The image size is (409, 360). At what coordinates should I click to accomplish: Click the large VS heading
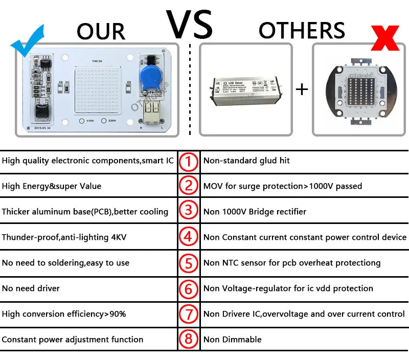[x=189, y=23]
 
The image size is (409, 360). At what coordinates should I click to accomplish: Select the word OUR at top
[x=101, y=32]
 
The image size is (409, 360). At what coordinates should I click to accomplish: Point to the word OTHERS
[x=302, y=31]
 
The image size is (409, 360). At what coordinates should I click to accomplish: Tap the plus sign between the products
[x=302, y=89]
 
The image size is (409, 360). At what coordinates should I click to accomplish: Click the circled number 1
[x=189, y=161]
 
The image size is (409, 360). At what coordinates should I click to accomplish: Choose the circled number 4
[x=189, y=237]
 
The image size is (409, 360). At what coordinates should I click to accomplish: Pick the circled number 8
[x=189, y=340]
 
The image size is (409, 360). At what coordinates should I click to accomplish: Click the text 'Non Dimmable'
[x=233, y=340]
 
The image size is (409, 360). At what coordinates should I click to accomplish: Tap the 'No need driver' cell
[x=31, y=288]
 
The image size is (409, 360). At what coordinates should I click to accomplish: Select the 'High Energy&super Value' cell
[x=52, y=186]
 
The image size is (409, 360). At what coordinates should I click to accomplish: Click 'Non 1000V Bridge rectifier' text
[x=255, y=212]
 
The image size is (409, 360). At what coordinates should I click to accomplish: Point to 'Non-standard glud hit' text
[x=246, y=161]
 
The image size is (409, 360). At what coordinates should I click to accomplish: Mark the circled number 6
[x=189, y=288]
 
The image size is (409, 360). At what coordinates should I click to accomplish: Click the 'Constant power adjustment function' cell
[x=73, y=340]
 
